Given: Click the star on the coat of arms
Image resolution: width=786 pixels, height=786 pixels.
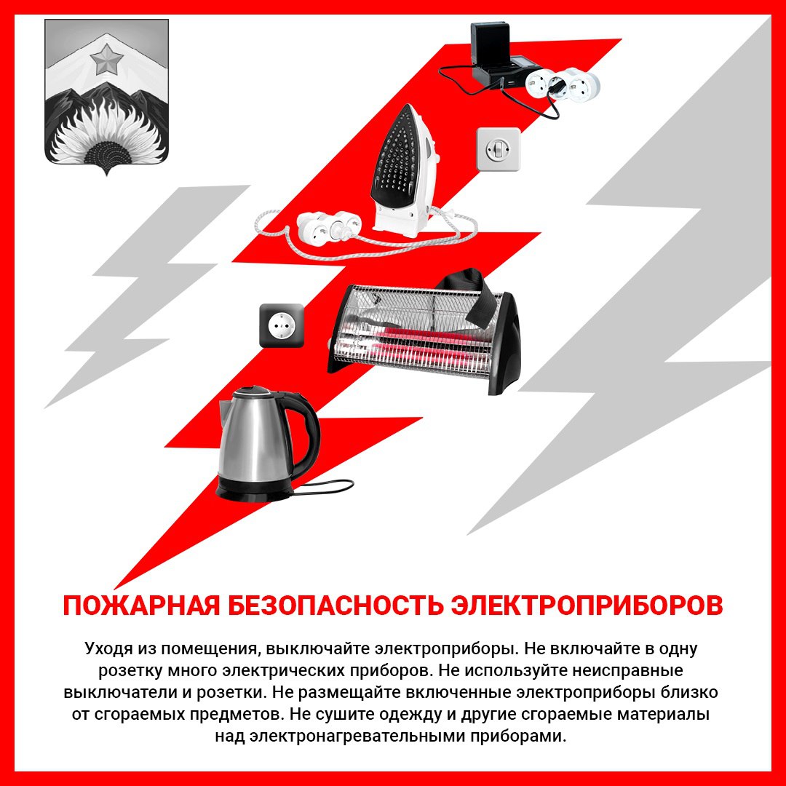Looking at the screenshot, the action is [107, 59].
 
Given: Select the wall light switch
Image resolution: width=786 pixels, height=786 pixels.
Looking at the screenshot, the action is [499, 149].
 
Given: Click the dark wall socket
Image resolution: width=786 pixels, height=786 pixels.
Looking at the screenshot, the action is [282, 326].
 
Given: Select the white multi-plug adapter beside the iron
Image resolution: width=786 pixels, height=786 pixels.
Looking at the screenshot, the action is [328, 226].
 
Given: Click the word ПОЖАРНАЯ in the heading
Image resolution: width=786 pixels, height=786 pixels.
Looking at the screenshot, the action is [141, 606].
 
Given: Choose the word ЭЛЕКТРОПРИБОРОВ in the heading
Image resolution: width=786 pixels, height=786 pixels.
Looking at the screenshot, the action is [587, 606].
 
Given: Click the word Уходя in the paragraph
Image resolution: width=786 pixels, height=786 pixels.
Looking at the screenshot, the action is [108, 648].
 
